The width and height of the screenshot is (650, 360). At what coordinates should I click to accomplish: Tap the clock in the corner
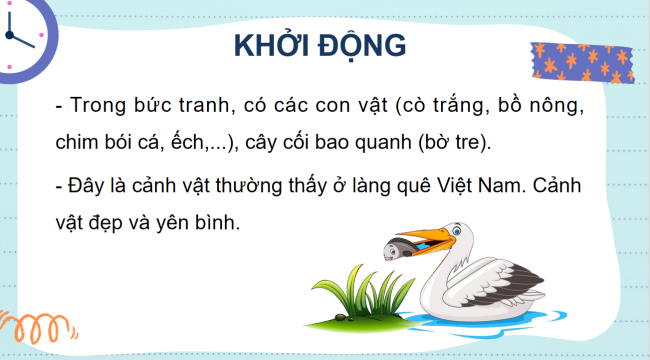pyautogui.click(x=20, y=35)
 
